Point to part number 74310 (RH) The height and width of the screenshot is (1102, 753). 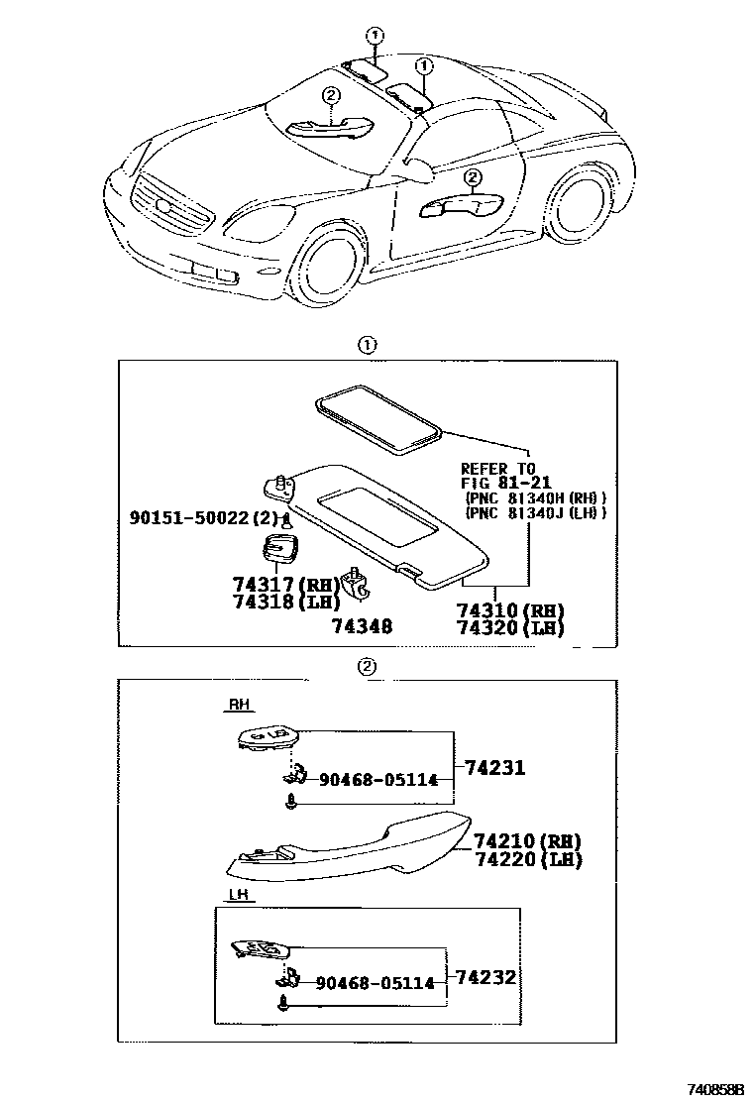point(511,610)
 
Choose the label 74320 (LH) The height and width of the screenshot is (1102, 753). point(511,627)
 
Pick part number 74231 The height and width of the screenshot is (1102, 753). point(491,767)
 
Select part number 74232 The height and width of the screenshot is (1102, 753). point(487,976)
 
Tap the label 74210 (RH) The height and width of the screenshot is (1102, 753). point(527,841)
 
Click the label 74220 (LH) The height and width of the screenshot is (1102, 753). point(527,859)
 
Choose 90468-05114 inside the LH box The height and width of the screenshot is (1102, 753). point(375,983)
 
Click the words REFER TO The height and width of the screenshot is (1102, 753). point(497,468)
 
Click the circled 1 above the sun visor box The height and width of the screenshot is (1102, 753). point(367,346)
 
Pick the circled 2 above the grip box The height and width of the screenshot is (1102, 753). point(367,666)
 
